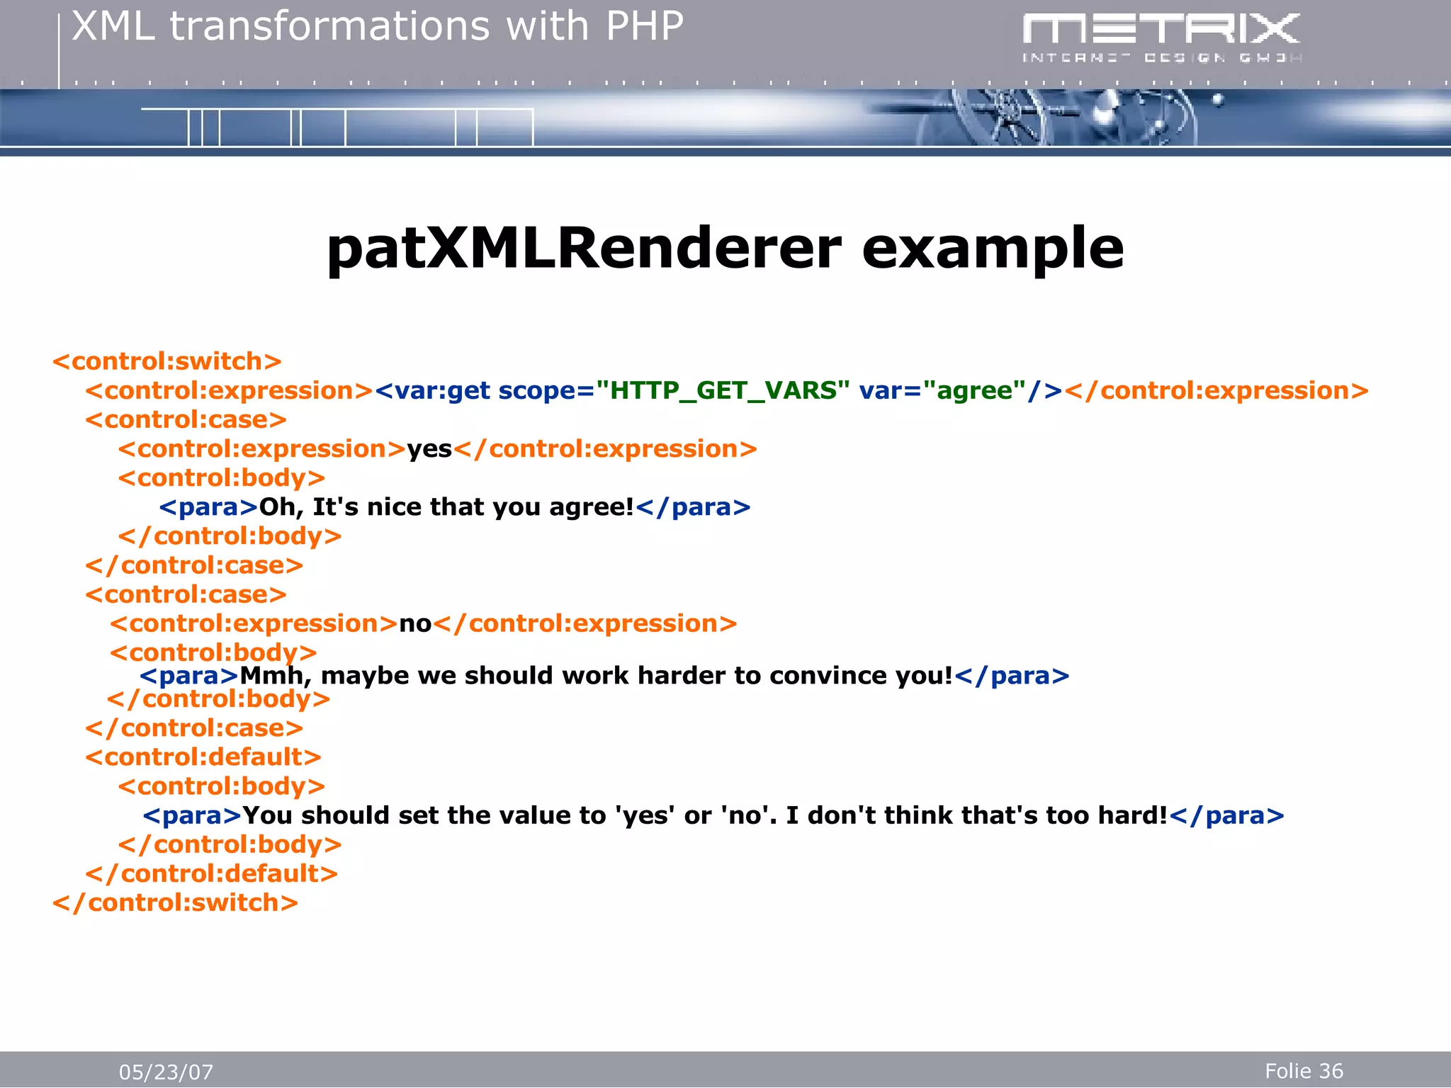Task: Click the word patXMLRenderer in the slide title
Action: click(583, 249)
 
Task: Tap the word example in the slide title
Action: click(993, 249)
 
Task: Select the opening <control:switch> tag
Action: click(167, 361)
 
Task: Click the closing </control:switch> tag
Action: click(175, 903)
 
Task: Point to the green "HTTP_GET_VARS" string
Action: click(723, 390)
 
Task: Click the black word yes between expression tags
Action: click(429, 449)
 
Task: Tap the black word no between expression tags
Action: click(415, 624)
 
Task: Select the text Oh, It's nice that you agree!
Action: click(446, 507)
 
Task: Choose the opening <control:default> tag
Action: click(203, 757)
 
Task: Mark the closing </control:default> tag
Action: click(211, 874)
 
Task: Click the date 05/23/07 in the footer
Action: click(166, 1072)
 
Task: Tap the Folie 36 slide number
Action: click(1304, 1071)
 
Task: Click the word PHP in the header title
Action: click(644, 27)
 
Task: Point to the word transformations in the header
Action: click(329, 27)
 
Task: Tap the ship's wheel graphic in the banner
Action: click(1003, 117)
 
